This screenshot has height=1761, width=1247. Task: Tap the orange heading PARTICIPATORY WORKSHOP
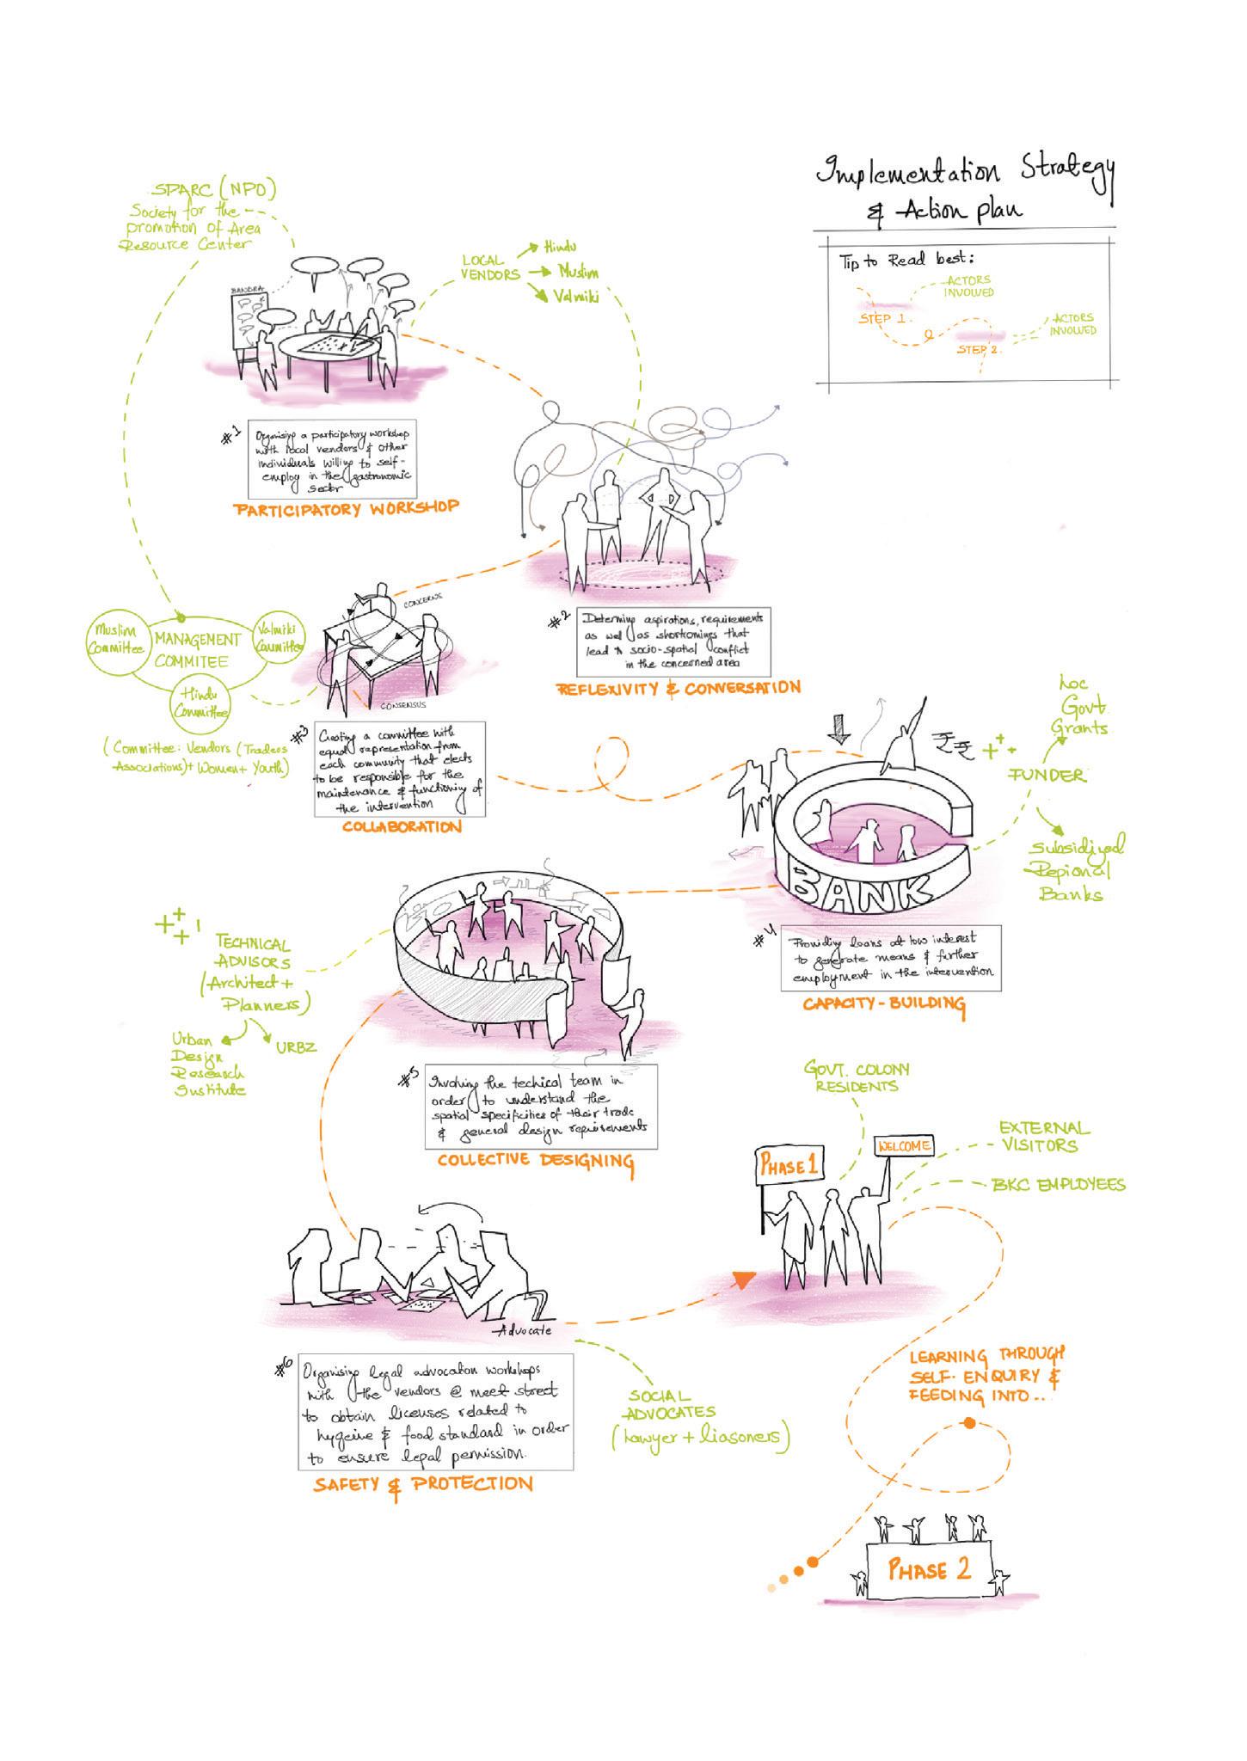click(346, 508)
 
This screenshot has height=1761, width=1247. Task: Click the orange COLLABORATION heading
click(402, 827)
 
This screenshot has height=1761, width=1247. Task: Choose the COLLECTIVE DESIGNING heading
click(535, 1161)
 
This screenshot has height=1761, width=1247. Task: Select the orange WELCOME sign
click(904, 1146)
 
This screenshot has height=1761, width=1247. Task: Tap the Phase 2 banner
click(929, 1570)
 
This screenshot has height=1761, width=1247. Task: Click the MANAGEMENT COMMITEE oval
click(197, 650)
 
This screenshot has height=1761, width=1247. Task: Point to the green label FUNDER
click(1047, 776)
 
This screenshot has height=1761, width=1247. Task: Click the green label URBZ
click(296, 1047)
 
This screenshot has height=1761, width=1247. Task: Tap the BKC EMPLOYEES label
click(1059, 1185)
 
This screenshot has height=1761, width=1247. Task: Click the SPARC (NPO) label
click(214, 190)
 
